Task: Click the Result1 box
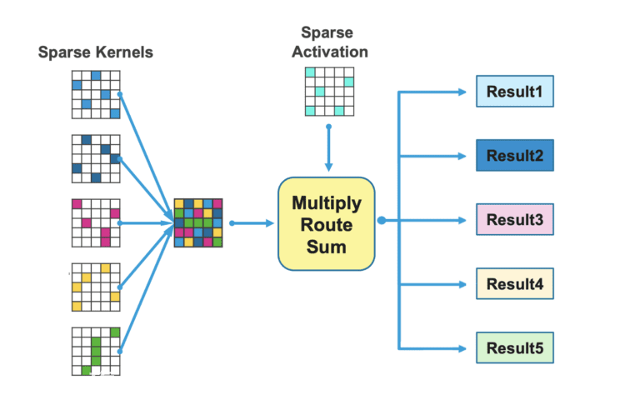[x=515, y=92]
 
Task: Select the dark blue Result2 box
[x=515, y=156]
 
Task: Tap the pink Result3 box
[x=515, y=220]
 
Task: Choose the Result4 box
[x=515, y=283]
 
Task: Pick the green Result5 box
[x=515, y=347]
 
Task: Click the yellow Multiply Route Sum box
[x=327, y=223]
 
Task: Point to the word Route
[x=327, y=225]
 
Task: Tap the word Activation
[x=330, y=52]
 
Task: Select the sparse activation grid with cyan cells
[x=329, y=92]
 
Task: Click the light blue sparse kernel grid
[x=96, y=95]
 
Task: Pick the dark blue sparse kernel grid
[x=96, y=159]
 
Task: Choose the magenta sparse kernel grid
[x=96, y=222]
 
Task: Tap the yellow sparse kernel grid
[x=96, y=287]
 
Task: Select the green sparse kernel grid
[x=96, y=352]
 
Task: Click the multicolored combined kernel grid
[x=198, y=222]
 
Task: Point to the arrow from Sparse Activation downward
[x=328, y=148]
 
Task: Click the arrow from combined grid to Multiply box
[x=252, y=223]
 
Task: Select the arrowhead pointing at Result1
[x=462, y=92]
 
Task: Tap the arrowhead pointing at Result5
[x=462, y=348]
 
